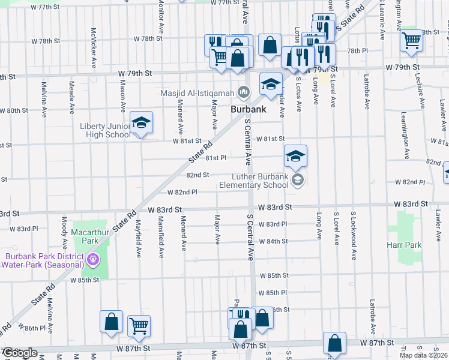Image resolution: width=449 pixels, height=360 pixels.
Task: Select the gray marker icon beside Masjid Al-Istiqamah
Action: (243, 92)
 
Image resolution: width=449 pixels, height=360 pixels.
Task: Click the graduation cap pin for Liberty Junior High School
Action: (141, 123)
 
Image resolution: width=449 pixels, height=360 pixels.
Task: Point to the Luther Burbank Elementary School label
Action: (261, 181)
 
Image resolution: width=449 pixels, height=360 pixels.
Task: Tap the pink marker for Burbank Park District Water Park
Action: (92, 260)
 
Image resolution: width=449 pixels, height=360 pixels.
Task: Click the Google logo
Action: (19, 353)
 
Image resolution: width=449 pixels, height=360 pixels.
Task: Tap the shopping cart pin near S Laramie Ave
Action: (412, 40)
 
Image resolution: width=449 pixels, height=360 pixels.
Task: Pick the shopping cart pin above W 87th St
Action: (139, 326)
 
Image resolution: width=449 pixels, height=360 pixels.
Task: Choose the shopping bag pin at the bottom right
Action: (334, 344)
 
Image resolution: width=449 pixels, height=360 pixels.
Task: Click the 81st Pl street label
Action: (215, 158)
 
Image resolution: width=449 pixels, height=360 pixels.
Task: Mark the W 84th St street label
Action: (273, 241)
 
